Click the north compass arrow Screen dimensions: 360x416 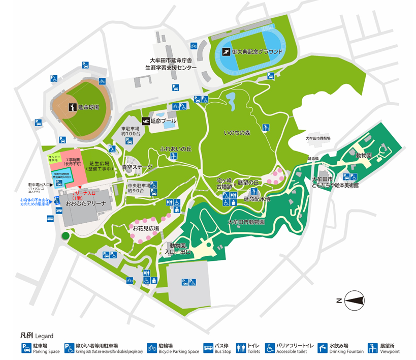tap(355, 301)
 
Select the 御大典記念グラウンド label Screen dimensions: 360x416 tap(254, 52)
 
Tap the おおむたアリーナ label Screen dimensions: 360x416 tap(84, 203)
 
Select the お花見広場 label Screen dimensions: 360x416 tap(146, 229)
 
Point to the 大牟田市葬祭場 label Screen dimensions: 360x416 tap(318, 138)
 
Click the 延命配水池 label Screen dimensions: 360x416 tap(257, 199)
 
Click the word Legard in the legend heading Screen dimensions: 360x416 tap(44, 336)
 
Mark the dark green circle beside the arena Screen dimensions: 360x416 tap(65, 236)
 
